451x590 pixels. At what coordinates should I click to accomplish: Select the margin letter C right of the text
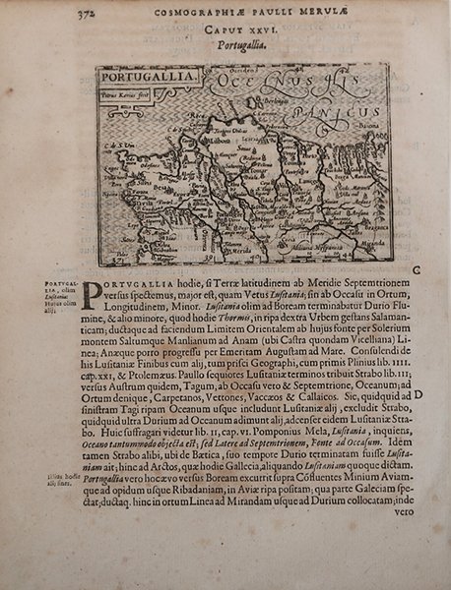coord(419,269)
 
